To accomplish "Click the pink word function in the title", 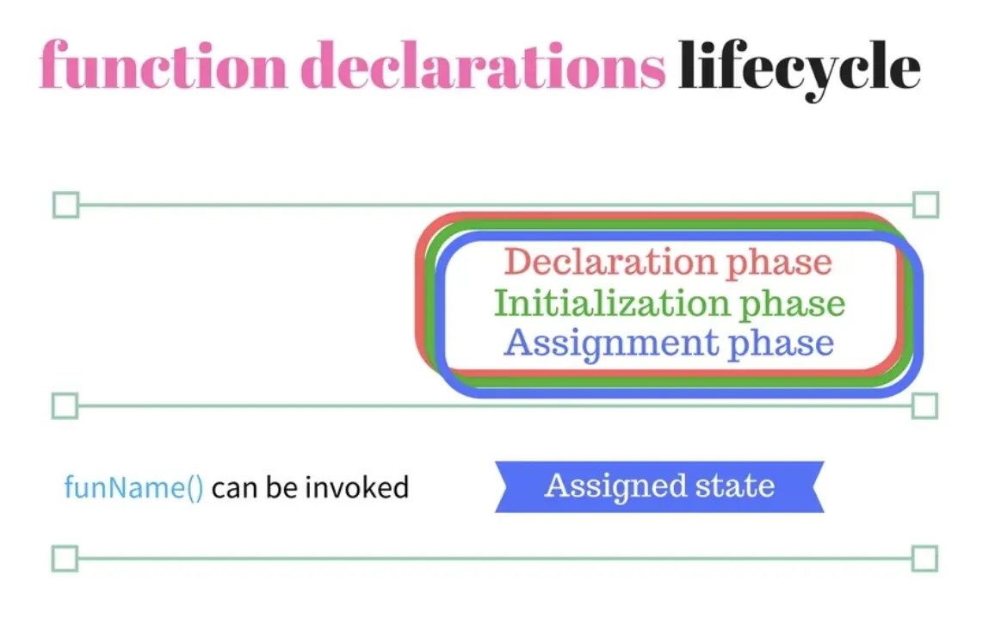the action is [x=163, y=65].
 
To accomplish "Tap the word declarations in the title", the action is [x=483, y=65].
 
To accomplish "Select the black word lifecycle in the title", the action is [x=799, y=69].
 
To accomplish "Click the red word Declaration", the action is [x=609, y=262].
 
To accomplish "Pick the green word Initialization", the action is [x=610, y=303].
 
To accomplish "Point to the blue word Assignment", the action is [x=610, y=343].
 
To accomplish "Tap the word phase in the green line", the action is [x=792, y=305].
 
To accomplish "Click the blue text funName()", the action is [x=134, y=488].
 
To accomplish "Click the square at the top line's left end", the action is [x=66, y=205].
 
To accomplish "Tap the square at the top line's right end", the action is [x=926, y=205].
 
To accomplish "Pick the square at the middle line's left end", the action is [x=65, y=406].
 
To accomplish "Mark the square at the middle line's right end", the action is [x=924, y=406].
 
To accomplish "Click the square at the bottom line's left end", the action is [x=65, y=559].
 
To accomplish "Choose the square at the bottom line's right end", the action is [x=924, y=559].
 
